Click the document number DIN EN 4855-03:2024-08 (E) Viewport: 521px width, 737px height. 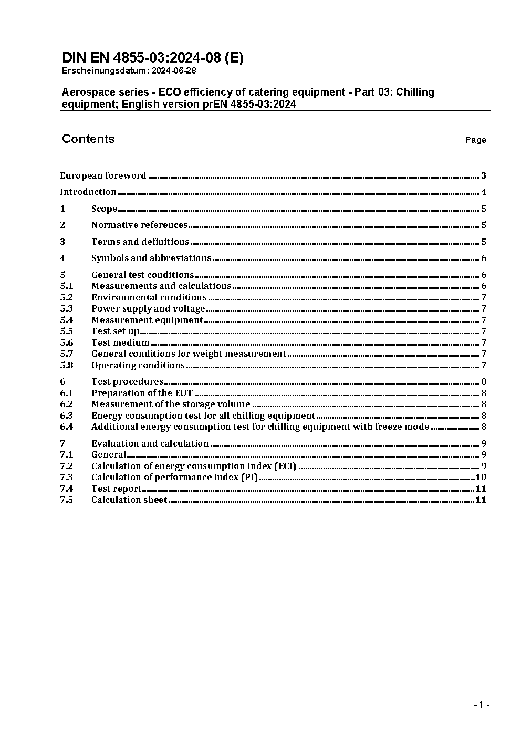click(x=152, y=58)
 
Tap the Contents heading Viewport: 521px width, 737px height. click(x=88, y=139)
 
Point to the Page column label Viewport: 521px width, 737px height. click(x=475, y=140)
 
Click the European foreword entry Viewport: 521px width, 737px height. click(x=103, y=175)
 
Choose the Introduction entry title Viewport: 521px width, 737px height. click(x=88, y=192)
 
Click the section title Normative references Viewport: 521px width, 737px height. click(x=139, y=225)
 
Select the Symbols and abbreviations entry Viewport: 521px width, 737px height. click(x=151, y=258)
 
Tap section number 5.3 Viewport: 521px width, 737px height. click(x=66, y=308)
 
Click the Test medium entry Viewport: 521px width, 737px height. click(x=120, y=342)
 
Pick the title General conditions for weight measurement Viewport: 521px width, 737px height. click(x=189, y=354)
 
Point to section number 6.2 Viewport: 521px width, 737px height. click(x=66, y=404)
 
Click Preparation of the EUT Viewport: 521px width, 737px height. click(x=142, y=393)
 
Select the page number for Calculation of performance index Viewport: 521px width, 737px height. click(x=481, y=477)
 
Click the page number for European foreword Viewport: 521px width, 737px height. click(x=483, y=175)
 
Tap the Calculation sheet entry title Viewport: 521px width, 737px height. click(x=129, y=500)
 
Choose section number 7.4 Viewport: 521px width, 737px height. click(x=66, y=489)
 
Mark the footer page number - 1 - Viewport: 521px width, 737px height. click(x=481, y=704)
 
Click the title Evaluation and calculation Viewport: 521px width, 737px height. click(x=150, y=443)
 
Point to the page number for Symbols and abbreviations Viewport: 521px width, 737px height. click(x=483, y=258)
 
